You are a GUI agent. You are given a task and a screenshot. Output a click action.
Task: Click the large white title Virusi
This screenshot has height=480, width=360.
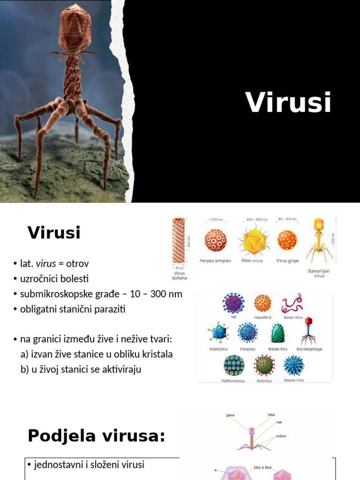(288, 102)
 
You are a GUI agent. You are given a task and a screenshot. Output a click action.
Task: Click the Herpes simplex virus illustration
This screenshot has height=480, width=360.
(216, 240)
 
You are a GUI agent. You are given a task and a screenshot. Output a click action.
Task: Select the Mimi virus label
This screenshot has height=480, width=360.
(252, 261)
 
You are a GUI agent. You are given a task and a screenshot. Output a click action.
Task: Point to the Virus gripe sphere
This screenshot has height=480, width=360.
(287, 240)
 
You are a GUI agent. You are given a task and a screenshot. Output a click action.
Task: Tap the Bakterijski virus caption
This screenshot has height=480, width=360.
(319, 273)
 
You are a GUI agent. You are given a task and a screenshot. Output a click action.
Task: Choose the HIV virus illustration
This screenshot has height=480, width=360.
(234, 303)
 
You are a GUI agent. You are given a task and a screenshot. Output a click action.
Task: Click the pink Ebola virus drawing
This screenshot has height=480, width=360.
(292, 303)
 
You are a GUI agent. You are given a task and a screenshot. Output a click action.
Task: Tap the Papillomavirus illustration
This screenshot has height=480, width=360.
(233, 365)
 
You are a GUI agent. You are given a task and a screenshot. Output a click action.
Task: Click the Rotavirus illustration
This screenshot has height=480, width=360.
(264, 365)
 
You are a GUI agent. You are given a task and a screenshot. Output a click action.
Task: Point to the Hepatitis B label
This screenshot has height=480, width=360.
(262, 317)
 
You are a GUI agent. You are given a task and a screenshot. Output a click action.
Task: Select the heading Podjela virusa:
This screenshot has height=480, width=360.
(97, 436)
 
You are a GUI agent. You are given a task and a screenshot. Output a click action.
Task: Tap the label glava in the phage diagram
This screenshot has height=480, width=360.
(230, 415)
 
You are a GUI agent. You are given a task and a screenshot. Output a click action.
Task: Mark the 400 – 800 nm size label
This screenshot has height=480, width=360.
(255, 219)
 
